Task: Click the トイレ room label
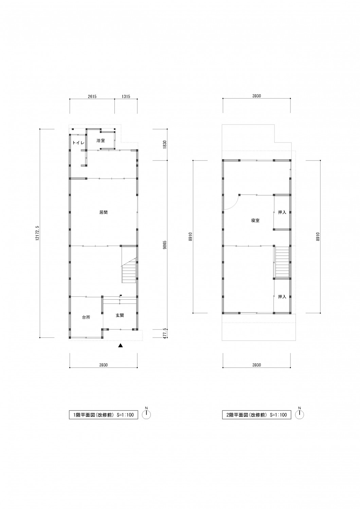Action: click(78, 143)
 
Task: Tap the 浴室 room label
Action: click(101, 141)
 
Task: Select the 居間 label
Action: click(104, 212)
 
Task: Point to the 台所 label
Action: click(86, 317)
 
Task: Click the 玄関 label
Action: click(120, 315)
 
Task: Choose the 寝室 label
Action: click(255, 221)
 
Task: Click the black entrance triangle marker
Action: click(121, 346)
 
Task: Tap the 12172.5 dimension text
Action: click(37, 233)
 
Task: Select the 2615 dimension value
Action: click(92, 96)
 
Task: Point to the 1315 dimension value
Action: click(126, 96)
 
